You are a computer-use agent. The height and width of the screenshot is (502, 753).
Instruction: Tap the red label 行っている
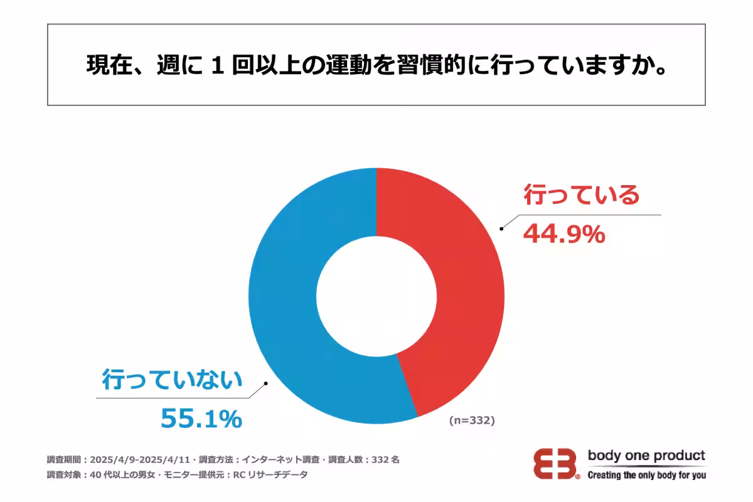click(x=581, y=195)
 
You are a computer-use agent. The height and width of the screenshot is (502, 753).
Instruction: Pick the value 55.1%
click(x=201, y=419)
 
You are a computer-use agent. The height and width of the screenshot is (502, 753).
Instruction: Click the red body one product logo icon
click(x=556, y=465)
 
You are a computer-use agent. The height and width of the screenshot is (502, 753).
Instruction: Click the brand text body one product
click(x=646, y=456)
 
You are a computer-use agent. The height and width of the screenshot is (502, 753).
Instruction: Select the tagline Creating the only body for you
click(x=646, y=475)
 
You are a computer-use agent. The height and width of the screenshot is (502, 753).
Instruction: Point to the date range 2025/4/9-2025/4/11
click(x=141, y=459)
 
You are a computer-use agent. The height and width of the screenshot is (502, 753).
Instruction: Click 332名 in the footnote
click(x=386, y=459)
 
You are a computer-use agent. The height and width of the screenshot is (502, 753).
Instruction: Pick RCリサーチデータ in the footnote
click(x=270, y=475)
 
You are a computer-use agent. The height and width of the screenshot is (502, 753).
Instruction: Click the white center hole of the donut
click(x=376, y=296)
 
